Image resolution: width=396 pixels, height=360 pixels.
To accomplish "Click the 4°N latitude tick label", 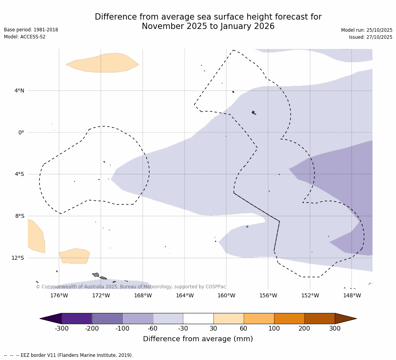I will pyautogui.click(x=19, y=91).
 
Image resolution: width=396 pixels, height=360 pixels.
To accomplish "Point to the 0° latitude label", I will pyautogui.click(x=21, y=132).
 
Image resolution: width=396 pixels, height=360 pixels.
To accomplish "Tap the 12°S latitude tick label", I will pyautogui.click(x=18, y=258).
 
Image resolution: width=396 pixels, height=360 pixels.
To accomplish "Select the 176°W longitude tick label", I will pyautogui.click(x=59, y=295).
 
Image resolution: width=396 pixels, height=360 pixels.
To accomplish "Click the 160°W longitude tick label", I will pyautogui.click(x=226, y=295).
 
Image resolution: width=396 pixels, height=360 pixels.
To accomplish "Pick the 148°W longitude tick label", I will pyautogui.click(x=352, y=295).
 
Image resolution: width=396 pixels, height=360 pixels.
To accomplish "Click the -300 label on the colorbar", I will pyautogui.click(x=61, y=329).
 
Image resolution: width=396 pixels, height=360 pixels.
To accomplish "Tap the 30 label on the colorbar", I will pyautogui.click(x=213, y=329).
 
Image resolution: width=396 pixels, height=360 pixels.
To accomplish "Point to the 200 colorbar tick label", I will pyautogui.click(x=304, y=329).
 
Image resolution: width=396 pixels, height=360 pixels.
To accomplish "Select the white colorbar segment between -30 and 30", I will pyautogui.click(x=198, y=318).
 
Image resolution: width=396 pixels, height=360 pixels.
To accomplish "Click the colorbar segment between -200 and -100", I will pyautogui.click(x=107, y=318).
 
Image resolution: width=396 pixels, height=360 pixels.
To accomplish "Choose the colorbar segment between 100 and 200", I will pyautogui.click(x=289, y=318).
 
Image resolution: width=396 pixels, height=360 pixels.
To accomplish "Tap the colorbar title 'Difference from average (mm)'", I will pyautogui.click(x=198, y=339).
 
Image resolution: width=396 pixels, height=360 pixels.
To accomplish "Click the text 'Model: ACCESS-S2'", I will pyautogui.click(x=25, y=37).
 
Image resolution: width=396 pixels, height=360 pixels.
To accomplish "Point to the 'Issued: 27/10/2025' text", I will pyautogui.click(x=371, y=37).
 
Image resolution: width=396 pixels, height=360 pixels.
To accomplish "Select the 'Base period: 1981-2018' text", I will pyautogui.click(x=31, y=30).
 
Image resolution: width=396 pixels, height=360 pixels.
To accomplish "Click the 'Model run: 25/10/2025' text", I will pyautogui.click(x=367, y=30).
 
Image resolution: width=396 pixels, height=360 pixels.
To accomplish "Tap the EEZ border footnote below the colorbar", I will pyautogui.click(x=69, y=355).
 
